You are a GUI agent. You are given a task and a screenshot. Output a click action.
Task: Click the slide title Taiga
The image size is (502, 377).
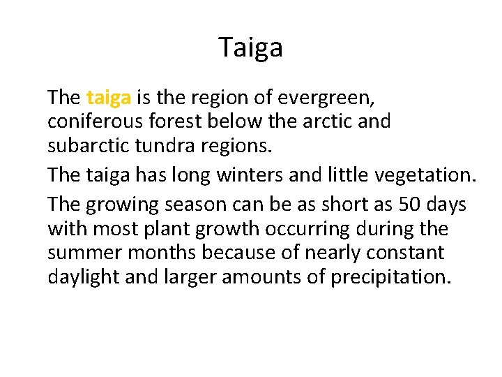point(251,47)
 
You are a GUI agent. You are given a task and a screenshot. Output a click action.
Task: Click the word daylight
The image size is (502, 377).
point(84,277)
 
